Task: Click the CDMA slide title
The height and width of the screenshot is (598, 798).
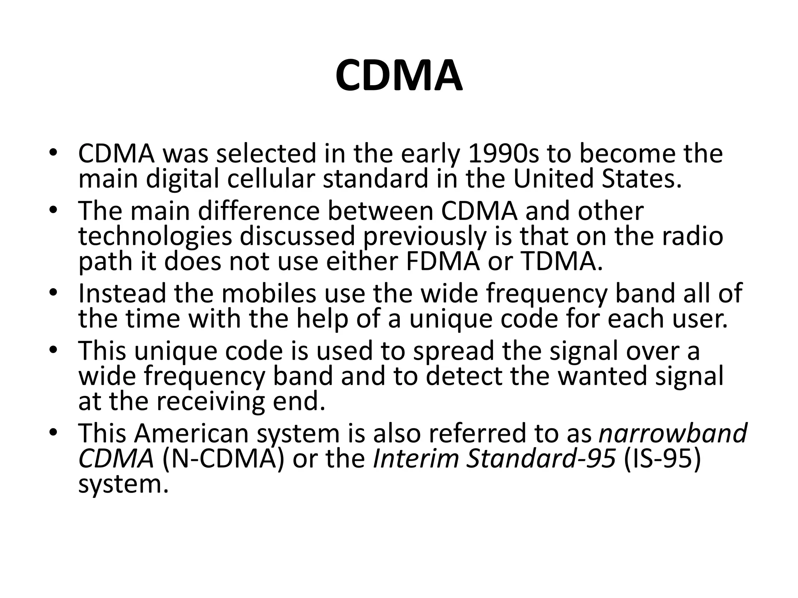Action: click(399, 76)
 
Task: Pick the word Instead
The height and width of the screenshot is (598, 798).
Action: click(122, 293)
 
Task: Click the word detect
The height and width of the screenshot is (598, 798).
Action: click(464, 376)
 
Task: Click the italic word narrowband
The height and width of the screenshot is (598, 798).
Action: click(673, 433)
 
